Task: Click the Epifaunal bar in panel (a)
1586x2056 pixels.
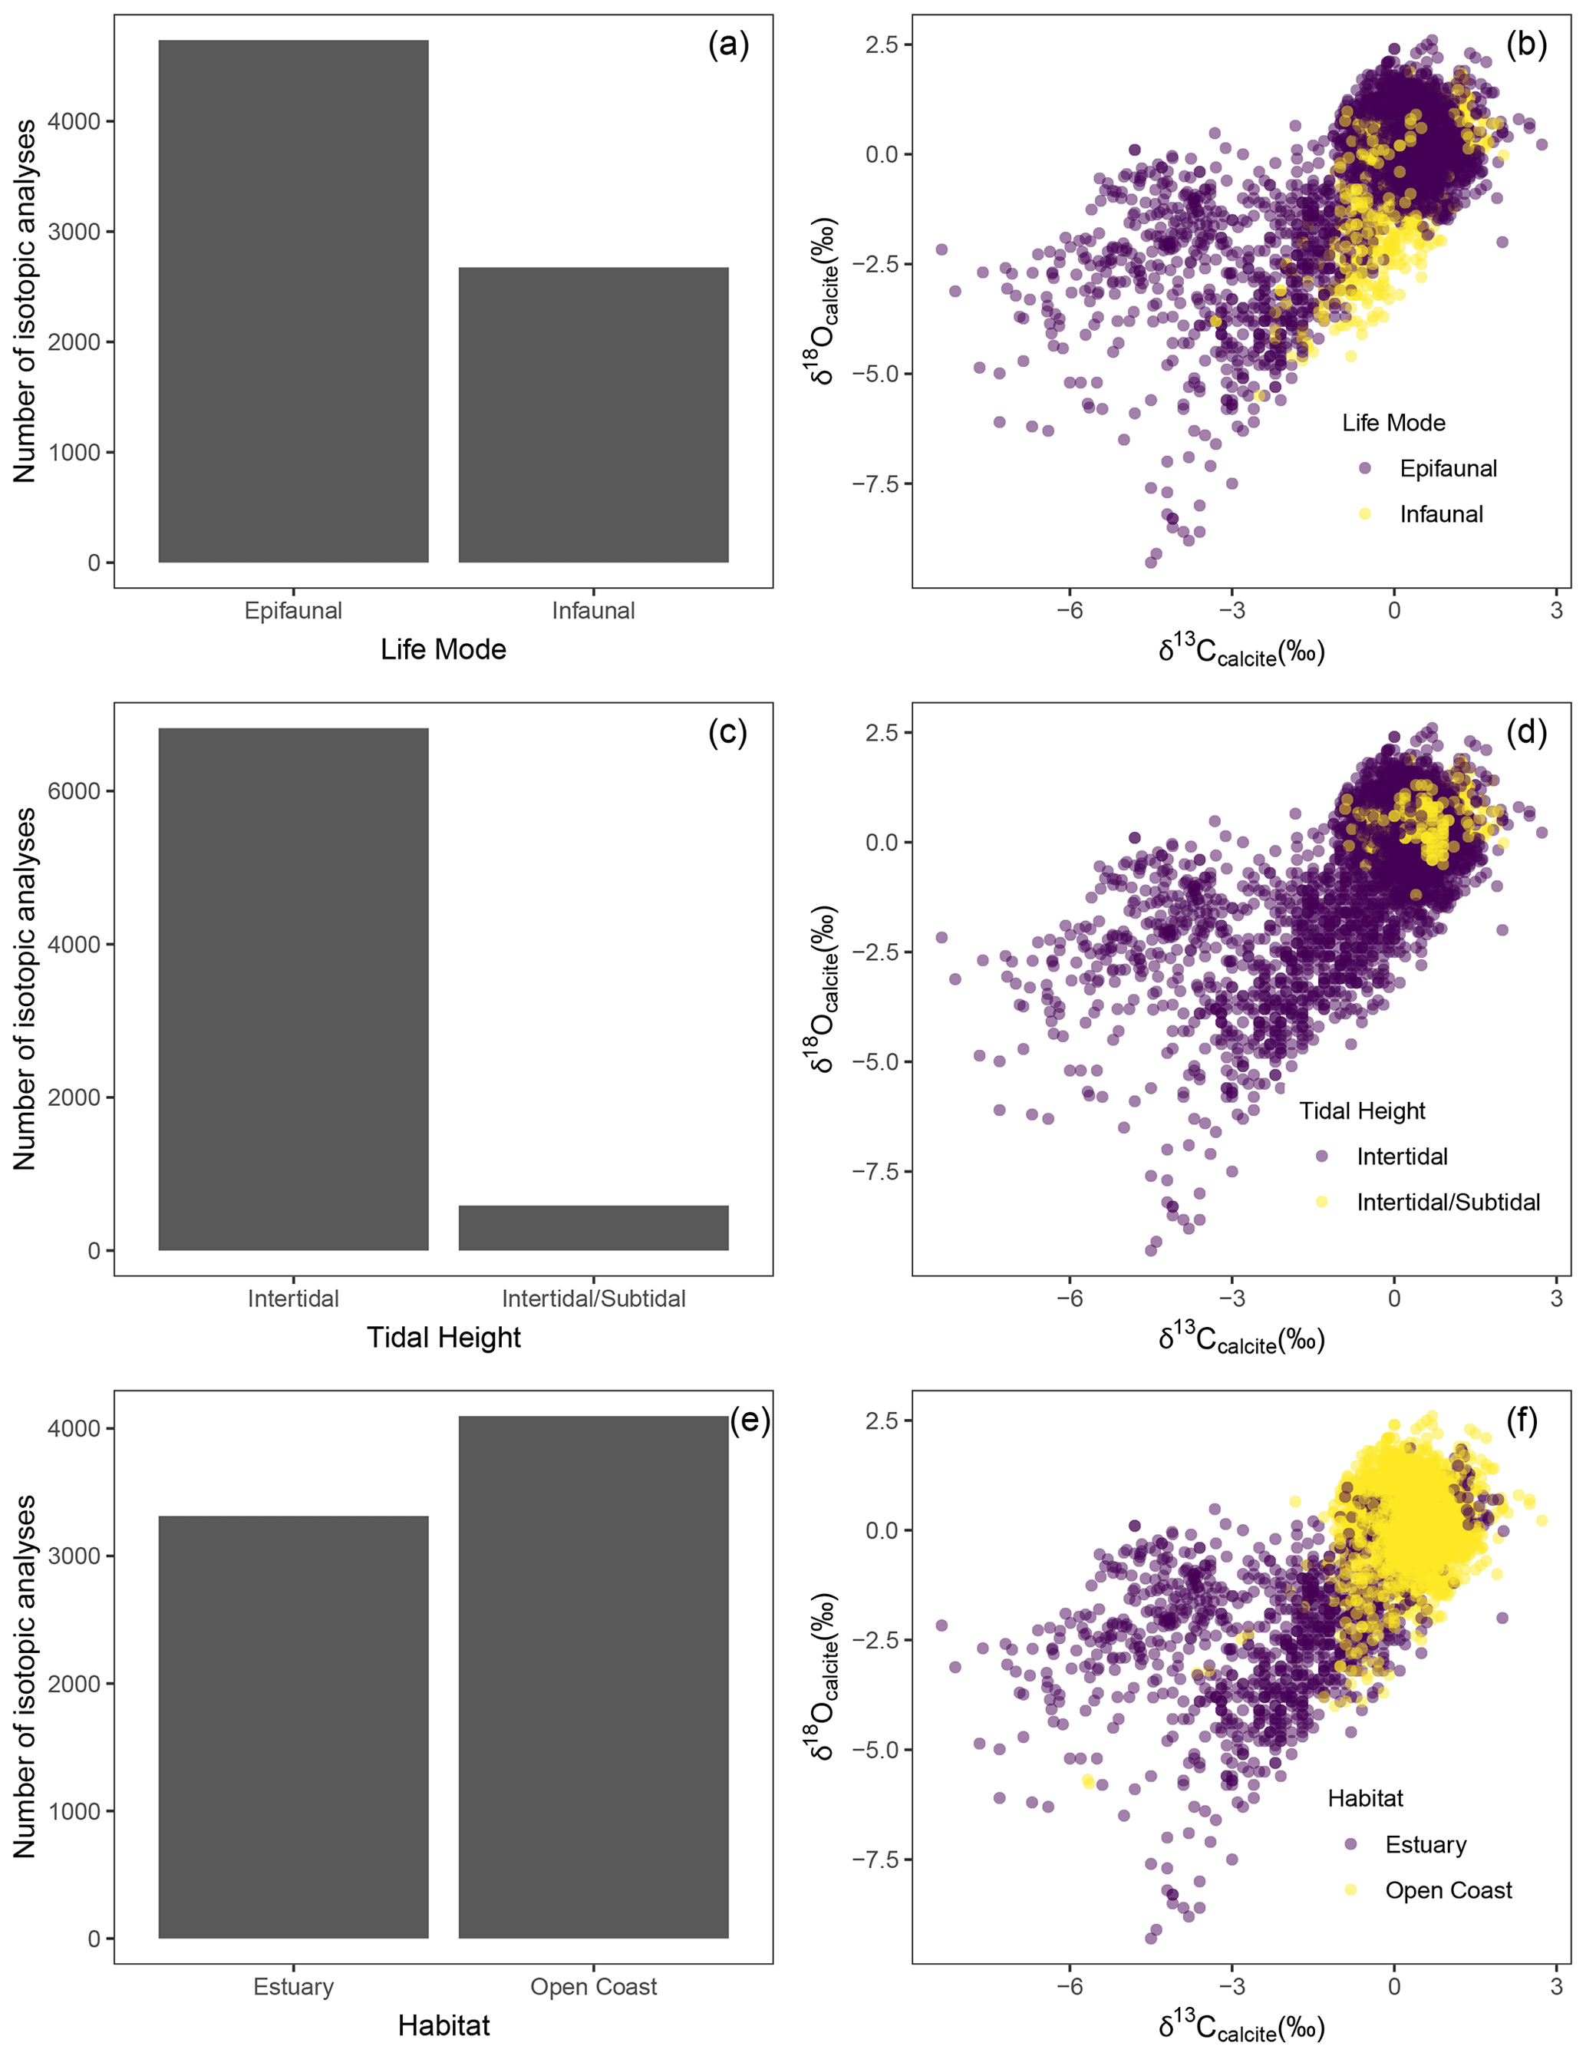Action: click(293, 302)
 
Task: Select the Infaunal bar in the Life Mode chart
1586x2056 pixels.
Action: click(593, 414)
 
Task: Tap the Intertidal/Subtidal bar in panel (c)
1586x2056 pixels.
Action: click(593, 1228)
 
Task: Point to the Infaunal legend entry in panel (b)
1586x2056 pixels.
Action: click(1440, 514)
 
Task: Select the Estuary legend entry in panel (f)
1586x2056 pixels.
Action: click(1425, 1844)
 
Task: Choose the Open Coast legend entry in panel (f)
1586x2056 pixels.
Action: click(1448, 1890)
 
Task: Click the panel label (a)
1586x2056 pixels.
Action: click(728, 45)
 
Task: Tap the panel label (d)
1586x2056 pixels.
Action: click(1525, 731)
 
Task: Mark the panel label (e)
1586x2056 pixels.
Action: click(749, 1420)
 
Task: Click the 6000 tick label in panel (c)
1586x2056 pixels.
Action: click(74, 790)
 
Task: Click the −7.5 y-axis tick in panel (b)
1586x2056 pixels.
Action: click(875, 483)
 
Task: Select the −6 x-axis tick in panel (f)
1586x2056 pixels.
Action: click(1070, 1986)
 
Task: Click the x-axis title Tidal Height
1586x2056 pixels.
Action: click(443, 1338)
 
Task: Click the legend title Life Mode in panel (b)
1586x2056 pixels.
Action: click(1393, 423)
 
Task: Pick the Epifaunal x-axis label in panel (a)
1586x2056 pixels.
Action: click(293, 611)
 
